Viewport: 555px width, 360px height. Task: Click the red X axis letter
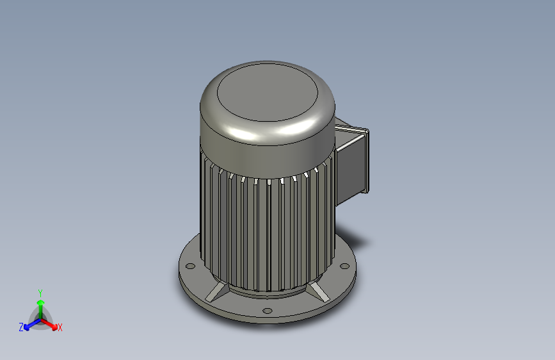60,328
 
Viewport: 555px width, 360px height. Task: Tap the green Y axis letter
40,292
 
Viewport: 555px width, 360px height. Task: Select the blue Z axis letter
21,327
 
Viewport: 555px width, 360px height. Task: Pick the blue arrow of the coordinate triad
29,324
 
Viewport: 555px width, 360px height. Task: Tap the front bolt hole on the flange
266,311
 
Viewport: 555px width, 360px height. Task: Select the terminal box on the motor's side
351,160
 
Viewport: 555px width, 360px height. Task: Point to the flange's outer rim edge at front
269,320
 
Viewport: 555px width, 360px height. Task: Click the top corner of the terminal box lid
366,131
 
